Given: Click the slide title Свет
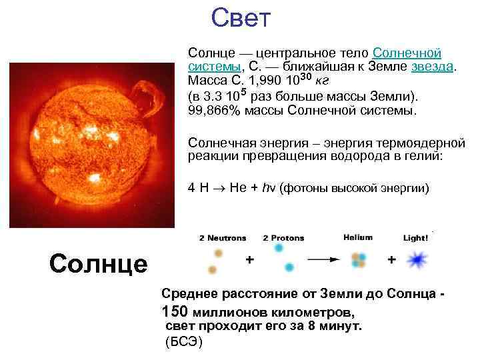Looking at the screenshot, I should [241, 18].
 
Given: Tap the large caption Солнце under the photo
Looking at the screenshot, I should [98, 264].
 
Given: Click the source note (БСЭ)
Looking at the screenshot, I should [183, 342].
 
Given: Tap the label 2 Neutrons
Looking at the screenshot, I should [222, 238].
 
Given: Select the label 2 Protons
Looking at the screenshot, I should [283, 238].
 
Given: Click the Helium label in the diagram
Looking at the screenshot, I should [358, 237].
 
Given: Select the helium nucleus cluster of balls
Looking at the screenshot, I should [359, 259].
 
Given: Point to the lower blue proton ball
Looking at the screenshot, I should [289, 267].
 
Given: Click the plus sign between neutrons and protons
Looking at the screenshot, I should [250, 260].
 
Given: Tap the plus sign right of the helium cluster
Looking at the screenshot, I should [391, 259].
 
